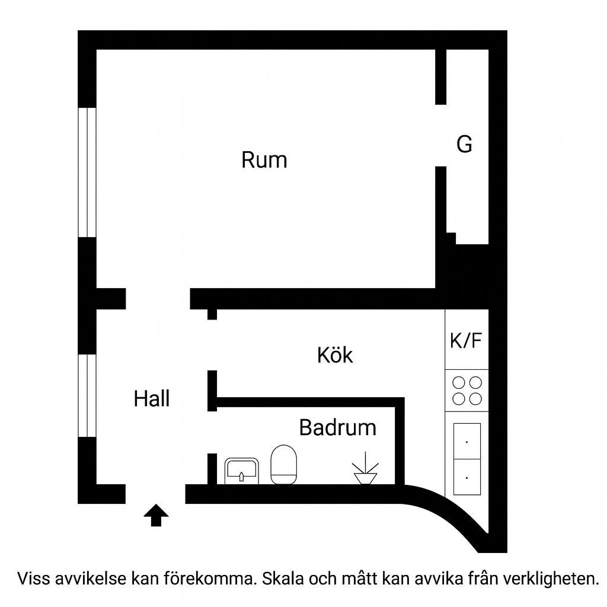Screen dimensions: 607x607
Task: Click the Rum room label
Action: [264, 160]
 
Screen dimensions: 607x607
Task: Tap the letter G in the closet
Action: [465, 144]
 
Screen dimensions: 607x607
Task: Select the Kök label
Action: [335, 355]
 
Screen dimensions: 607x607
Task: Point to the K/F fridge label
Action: [467, 341]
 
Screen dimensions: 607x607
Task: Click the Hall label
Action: [152, 398]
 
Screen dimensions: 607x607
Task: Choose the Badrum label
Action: [337, 427]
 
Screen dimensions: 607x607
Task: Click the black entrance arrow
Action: [156, 515]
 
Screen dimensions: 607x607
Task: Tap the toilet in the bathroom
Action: [283, 465]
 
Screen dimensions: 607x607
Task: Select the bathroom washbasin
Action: [241, 471]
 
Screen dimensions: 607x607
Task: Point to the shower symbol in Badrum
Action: [366, 470]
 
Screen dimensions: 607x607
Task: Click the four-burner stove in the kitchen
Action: [467, 390]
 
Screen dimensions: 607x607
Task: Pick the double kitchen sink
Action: [467, 459]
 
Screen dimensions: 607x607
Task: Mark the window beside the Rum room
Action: [87, 172]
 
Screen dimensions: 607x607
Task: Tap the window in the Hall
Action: [87, 395]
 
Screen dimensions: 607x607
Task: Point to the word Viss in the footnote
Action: [33, 578]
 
